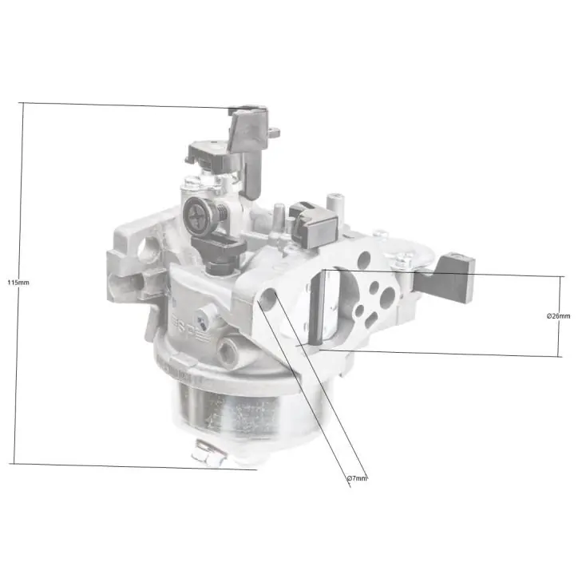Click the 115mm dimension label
(x=18, y=283)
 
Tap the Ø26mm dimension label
(x=558, y=316)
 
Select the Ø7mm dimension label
(x=357, y=478)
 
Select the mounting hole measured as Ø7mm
(x=269, y=297)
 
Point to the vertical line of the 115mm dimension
(x=18, y=283)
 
